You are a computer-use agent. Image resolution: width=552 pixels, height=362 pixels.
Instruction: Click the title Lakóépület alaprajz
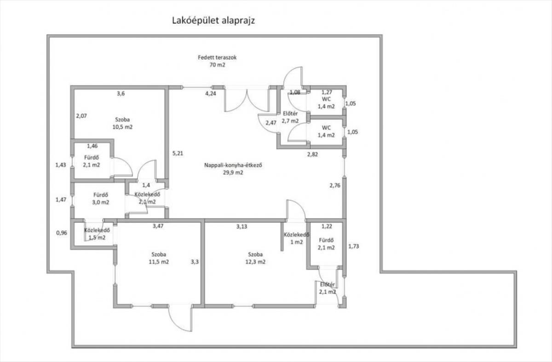coord(213,21)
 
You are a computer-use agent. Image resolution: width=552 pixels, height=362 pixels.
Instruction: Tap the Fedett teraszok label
coord(217,57)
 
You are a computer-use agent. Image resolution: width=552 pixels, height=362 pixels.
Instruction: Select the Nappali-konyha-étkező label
coord(233,165)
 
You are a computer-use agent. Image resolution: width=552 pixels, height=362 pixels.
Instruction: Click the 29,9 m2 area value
coord(233,172)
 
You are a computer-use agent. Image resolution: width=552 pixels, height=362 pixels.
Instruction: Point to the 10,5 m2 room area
coord(122,127)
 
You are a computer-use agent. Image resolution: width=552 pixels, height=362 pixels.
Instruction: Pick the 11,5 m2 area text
coord(159,262)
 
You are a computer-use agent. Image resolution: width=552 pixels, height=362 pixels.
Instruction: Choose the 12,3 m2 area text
coord(255,262)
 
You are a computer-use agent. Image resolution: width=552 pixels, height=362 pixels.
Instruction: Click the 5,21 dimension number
coord(178,153)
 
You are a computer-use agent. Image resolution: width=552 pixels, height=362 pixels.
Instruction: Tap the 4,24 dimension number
coord(211,94)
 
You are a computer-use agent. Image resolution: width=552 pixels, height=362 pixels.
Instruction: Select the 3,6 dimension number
coord(121,93)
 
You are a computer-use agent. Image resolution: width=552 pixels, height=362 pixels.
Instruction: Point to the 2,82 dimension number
coord(312,155)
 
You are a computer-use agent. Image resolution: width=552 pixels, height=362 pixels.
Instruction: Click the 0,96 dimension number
coord(62,233)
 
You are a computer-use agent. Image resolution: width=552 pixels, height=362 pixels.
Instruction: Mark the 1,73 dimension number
coord(353,246)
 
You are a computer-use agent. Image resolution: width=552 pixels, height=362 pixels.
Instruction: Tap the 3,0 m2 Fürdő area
coord(101,202)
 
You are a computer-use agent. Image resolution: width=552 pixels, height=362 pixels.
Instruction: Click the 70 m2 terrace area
coord(217,65)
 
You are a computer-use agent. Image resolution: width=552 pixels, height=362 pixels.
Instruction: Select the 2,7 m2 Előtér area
coord(290,121)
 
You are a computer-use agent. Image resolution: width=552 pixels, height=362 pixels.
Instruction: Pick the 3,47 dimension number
coord(158,226)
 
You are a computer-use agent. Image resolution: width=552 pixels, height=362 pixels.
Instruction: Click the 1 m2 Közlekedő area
coord(296,242)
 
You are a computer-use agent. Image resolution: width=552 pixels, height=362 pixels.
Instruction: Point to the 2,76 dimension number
coord(335,185)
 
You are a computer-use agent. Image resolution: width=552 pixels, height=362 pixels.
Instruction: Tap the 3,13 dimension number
coord(242,226)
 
